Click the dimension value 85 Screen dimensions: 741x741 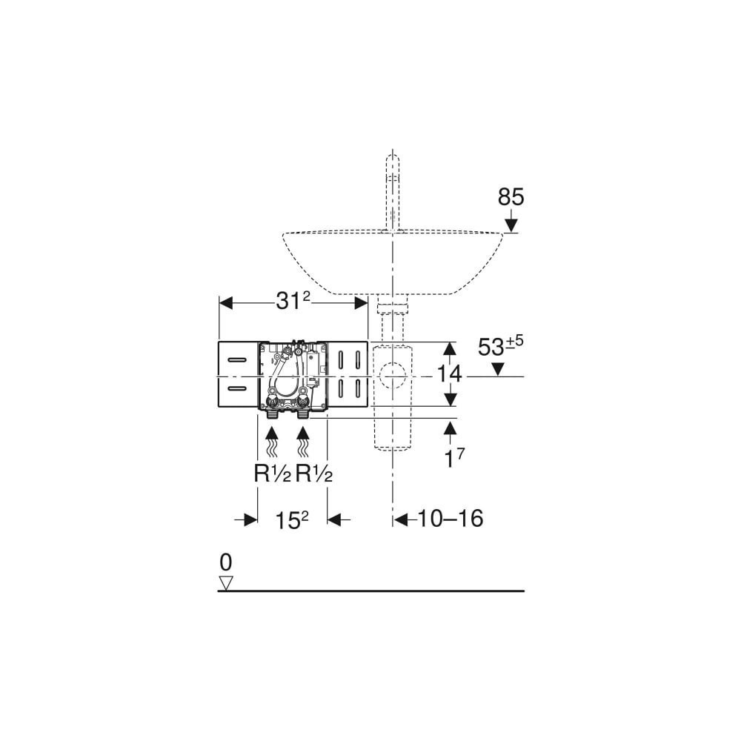click(511, 197)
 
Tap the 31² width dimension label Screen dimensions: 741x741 click(293, 301)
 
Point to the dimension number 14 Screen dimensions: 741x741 click(449, 373)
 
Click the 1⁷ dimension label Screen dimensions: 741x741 click(454, 458)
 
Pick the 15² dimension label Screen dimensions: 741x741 click(291, 520)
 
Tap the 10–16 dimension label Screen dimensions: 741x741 click(451, 519)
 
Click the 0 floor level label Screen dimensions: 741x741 click(226, 562)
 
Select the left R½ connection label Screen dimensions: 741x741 click(272, 473)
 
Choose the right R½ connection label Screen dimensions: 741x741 click(313, 473)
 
